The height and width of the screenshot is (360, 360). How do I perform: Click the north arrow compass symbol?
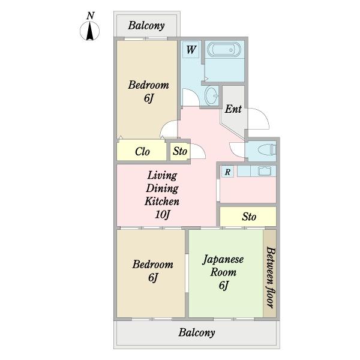(90, 31)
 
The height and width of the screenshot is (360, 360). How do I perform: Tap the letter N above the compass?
(91, 16)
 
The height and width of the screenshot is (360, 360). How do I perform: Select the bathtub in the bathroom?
(224, 49)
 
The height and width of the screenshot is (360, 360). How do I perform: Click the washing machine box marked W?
(191, 50)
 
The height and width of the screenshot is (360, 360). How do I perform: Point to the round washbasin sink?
(212, 95)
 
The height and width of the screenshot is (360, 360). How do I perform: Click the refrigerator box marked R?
(227, 172)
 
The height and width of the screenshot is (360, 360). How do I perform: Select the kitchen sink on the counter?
(265, 171)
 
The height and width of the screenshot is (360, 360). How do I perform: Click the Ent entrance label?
(233, 109)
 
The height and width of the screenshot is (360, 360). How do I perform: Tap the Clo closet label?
(142, 152)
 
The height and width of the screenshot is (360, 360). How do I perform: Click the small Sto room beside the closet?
(180, 151)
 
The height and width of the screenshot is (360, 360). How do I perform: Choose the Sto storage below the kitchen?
(248, 217)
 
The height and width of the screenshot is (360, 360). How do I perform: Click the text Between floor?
(271, 277)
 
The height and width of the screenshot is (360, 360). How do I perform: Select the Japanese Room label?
(223, 266)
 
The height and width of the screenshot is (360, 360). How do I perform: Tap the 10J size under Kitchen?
(163, 215)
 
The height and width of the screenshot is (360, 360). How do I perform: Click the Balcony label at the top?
(146, 25)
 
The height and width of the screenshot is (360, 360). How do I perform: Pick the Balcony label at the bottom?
(197, 332)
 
